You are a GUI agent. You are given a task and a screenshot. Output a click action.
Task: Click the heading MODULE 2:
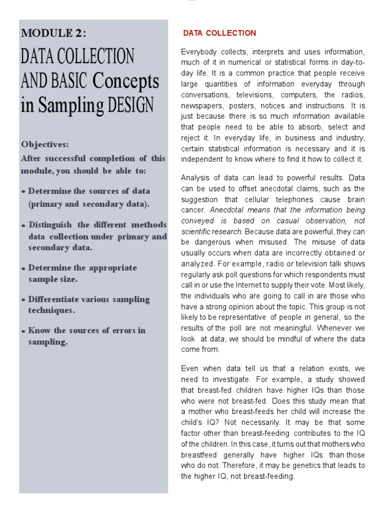pos(53,33)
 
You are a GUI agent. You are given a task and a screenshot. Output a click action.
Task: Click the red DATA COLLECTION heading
pos(220,33)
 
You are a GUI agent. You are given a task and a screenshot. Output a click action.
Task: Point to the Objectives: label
pos(45,144)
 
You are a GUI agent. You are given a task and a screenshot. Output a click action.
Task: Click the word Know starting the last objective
pos(39,330)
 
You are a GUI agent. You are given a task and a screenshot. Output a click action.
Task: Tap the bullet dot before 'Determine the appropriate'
pos(24,269)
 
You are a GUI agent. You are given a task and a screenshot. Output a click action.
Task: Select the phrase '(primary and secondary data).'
pos(89,204)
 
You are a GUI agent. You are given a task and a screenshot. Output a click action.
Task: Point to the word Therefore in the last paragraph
pos(227,465)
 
